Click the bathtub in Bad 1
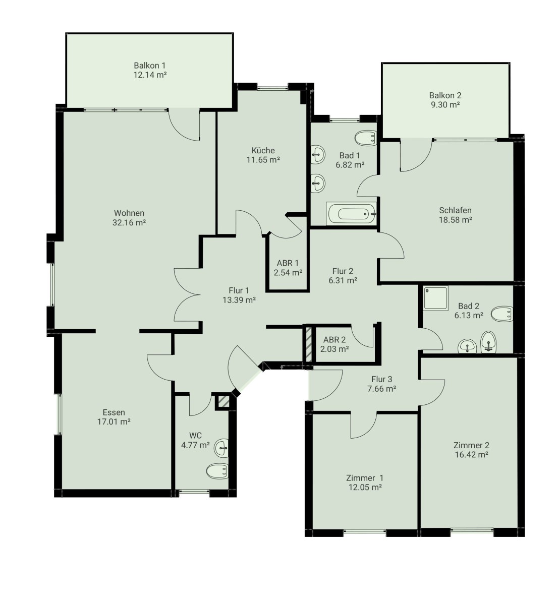click(x=352, y=214)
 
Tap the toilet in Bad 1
click(x=366, y=138)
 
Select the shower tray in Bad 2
click(x=436, y=298)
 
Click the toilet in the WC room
click(x=217, y=471)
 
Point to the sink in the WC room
click(x=221, y=448)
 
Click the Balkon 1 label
click(x=150, y=66)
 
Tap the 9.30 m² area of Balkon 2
click(x=445, y=105)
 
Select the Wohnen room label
click(x=129, y=213)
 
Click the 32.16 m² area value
click(x=129, y=222)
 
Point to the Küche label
click(x=263, y=150)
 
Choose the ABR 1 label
click(x=288, y=263)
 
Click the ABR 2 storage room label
click(x=334, y=340)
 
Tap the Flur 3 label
click(x=381, y=379)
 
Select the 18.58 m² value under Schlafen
click(x=456, y=220)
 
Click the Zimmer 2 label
click(x=471, y=445)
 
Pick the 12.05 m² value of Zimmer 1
click(x=365, y=487)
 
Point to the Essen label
click(x=114, y=412)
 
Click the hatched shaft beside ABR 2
click(x=309, y=344)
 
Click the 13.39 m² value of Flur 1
click(x=239, y=300)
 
